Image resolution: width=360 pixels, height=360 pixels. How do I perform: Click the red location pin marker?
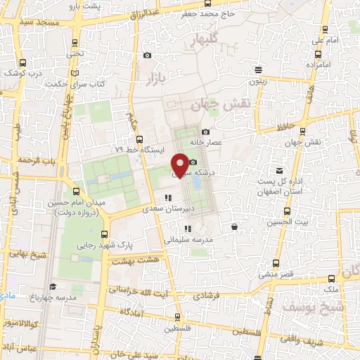(181, 165)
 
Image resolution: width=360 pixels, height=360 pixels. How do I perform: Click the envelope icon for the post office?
(280, 171)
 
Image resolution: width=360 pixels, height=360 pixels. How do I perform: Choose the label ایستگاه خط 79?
(139, 150)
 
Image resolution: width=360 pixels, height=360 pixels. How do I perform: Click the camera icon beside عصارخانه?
(205, 132)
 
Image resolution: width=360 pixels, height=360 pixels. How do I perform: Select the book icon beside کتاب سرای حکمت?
(75, 75)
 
